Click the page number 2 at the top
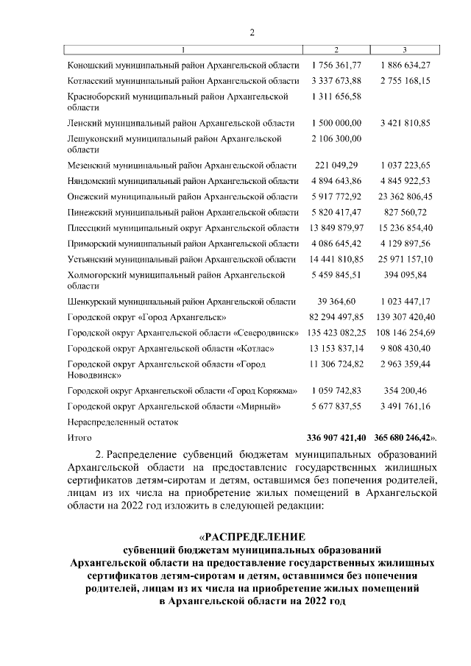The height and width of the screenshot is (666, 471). click(x=251, y=32)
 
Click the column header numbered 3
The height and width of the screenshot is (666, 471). click(x=406, y=49)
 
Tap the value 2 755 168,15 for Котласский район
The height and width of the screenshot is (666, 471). click(x=406, y=80)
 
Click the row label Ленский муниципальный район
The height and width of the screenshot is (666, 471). click(x=180, y=123)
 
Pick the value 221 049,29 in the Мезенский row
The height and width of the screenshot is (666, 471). click(x=336, y=166)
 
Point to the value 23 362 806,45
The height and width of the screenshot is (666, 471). click(x=406, y=196)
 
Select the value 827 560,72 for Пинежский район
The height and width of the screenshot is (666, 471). click(x=406, y=212)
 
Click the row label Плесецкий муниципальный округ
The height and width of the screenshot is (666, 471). click(x=183, y=227)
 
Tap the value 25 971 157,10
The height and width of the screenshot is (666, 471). click(x=406, y=259)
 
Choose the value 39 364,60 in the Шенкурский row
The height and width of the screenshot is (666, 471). click(x=336, y=302)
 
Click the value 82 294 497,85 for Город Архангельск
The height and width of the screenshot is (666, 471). click(x=336, y=316)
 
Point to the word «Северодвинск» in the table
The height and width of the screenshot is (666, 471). click(x=266, y=333)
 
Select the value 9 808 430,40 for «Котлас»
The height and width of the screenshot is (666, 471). click(x=406, y=348)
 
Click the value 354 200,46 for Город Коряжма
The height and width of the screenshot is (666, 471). click(x=406, y=390)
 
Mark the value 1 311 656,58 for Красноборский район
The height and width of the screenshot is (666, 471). click(x=336, y=96)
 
